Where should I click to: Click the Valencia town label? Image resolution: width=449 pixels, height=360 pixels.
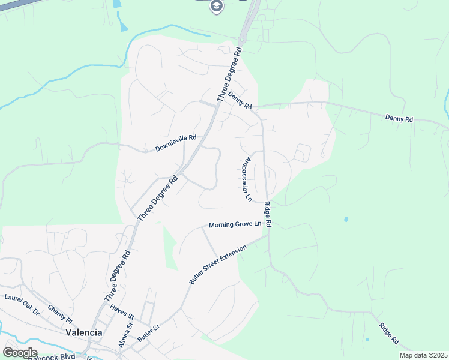(x=83, y=332)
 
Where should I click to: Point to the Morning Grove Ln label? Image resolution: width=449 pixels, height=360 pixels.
(x=236, y=225)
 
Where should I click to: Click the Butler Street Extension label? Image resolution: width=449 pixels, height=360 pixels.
(x=217, y=265)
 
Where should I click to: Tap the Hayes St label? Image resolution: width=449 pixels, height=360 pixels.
(x=122, y=312)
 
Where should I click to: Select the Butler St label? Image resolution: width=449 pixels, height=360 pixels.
(x=149, y=333)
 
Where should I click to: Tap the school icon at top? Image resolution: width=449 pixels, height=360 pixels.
(x=216, y=7)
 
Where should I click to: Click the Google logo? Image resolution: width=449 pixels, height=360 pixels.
(x=20, y=353)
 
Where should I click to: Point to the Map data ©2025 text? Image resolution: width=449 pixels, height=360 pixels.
(x=423, y=355)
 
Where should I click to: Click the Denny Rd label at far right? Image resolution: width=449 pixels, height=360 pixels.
(x=399, y=119)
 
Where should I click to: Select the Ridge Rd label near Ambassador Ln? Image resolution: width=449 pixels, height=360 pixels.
(x=268, y=214)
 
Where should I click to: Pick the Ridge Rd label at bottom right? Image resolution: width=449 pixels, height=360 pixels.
(x=389, y=333)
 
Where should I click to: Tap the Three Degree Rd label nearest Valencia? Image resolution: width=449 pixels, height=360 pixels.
(x=117, y=276)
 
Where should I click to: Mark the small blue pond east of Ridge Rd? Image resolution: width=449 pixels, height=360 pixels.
(x=346, y=220)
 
